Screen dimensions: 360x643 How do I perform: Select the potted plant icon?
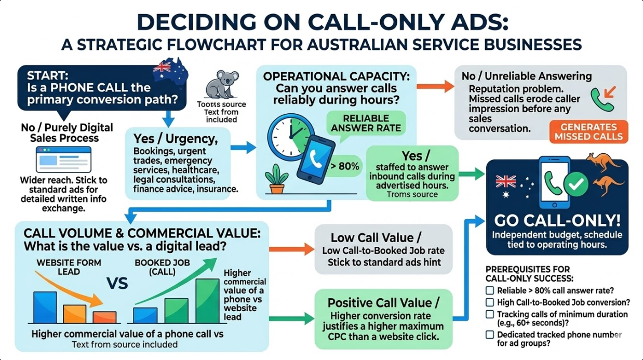[x=276, y=178]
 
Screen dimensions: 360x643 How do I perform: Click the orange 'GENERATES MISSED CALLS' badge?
[x=588, y=132]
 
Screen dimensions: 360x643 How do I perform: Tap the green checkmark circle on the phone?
[x=577, y=183]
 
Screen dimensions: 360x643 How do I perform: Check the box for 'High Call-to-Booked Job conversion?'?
[x=489, y=302]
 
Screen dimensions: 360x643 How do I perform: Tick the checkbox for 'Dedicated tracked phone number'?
[x=489, y=335]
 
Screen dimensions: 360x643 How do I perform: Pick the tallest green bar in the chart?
[x=207, y=301]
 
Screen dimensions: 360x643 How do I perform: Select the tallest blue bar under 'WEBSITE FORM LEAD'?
[x=45, y=307]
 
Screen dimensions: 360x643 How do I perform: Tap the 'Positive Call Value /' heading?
[x=383, y=302]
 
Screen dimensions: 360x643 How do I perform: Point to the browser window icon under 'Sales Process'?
[x=63, y=159]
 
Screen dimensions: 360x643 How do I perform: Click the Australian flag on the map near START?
[x=163, y=66]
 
